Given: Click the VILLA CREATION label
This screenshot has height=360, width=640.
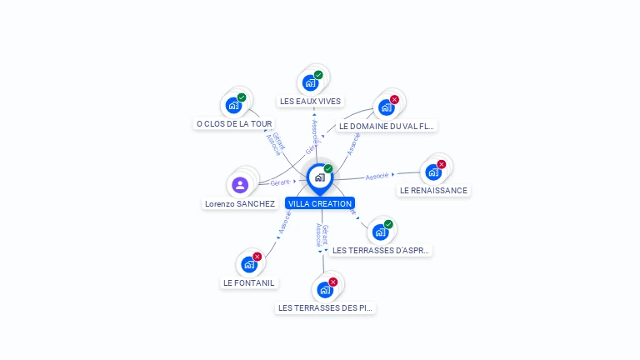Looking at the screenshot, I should point(320,203).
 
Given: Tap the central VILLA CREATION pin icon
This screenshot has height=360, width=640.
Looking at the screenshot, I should point(320,177).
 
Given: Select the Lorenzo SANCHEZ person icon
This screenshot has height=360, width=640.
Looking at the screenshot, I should point(240,184).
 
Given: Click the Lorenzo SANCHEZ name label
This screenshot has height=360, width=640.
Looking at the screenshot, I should point(240,203).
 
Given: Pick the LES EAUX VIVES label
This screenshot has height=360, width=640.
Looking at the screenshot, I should point(310,102).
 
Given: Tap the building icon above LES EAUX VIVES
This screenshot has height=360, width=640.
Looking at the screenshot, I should point(310,82).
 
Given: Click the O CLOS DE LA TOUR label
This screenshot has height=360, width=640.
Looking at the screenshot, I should point(234,124).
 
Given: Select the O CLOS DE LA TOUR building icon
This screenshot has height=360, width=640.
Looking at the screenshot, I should point(233,105).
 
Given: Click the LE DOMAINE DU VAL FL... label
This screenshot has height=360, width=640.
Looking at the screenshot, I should point(387,127).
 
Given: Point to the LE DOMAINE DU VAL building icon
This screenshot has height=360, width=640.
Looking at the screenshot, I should point(386,107).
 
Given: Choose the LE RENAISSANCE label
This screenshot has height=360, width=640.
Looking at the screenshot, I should point(433,190).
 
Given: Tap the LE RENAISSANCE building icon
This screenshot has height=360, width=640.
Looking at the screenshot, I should point(432,172).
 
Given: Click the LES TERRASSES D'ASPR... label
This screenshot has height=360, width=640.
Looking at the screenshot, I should point(381,250).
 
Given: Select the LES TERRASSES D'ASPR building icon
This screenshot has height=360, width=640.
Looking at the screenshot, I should point(380,232).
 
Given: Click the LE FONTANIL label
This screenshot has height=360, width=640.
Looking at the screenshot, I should point(248,282).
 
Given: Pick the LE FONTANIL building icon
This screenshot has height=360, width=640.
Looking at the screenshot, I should point(248,264).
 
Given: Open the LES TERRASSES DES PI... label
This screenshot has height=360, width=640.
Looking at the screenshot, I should point(326,308).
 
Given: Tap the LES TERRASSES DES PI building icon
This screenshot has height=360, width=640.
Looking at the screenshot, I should point(325,290).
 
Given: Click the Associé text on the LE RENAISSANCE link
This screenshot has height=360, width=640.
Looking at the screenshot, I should point(377,176).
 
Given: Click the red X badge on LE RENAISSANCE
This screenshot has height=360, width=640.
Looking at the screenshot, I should point(442,164).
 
